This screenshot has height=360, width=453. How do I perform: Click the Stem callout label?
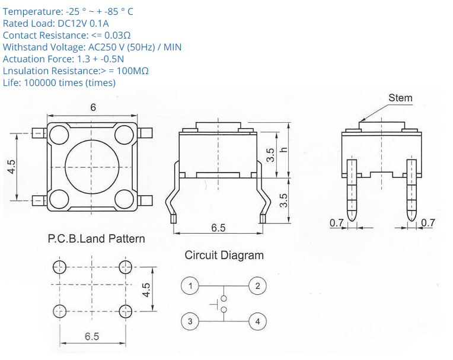coord(400,98)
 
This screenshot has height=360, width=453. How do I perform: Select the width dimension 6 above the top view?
coord(93,107)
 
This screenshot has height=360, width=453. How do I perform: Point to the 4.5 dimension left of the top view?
coord(11,167)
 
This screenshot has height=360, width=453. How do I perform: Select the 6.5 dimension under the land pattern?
coord(91,336)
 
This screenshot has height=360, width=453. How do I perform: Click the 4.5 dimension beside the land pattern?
coord(147,291)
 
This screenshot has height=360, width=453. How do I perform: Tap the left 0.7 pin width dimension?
coord(336,223)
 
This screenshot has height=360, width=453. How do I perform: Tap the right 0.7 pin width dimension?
coord(428,223)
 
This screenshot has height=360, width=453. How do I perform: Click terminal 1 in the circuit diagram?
coord(190,286)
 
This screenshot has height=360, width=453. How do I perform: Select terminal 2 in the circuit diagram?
coord(257,286)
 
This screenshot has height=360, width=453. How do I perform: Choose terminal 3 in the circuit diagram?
coord(190,322)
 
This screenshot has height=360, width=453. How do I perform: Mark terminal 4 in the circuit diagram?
coord(257,322)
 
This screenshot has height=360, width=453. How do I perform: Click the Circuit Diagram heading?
coord(224,256)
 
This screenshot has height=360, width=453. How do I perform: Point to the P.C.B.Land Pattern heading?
coord(96,239)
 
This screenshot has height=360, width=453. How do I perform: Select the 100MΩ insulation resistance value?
coord(133,71)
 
